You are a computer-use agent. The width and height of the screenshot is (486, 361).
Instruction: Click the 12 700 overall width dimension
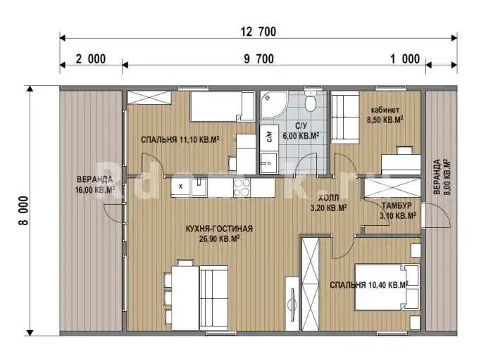pos(258,32)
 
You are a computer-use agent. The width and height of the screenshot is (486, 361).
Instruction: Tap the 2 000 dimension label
pos(90,59)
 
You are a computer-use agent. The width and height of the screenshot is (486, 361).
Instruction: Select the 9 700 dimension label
pos(258,59)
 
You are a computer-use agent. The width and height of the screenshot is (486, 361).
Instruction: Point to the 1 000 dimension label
pos(405,59)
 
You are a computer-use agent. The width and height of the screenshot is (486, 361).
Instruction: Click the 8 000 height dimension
pos(23,210)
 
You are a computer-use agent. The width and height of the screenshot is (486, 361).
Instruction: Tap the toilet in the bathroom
pos(310,101)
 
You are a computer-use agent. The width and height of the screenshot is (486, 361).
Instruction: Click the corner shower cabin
pos(274,105)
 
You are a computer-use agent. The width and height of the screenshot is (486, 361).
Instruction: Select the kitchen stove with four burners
pos(242,188)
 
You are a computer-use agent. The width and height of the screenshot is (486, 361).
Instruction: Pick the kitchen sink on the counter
pos(199,187)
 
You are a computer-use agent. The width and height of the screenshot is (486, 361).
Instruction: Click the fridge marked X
pos(181,186)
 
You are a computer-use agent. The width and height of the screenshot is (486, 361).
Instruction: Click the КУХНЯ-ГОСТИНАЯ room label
pos(219,229)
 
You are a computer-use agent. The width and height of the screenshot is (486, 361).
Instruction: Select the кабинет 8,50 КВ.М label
pos(385,115)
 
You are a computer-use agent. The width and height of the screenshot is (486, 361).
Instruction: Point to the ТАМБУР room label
pos(397,205)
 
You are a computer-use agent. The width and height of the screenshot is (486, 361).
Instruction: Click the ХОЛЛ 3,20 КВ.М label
pos(328,203)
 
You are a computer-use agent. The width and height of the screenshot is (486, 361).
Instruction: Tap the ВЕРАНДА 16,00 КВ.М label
pos(94,184)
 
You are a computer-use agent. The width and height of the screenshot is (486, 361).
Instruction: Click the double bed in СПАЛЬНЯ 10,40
pos(387,287)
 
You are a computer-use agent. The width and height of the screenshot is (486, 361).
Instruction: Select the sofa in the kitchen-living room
pos(214,298)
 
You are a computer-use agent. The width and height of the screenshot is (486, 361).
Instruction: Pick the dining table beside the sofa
pos(185,298)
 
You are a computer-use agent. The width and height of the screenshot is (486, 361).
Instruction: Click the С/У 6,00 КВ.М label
pos(301,131)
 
